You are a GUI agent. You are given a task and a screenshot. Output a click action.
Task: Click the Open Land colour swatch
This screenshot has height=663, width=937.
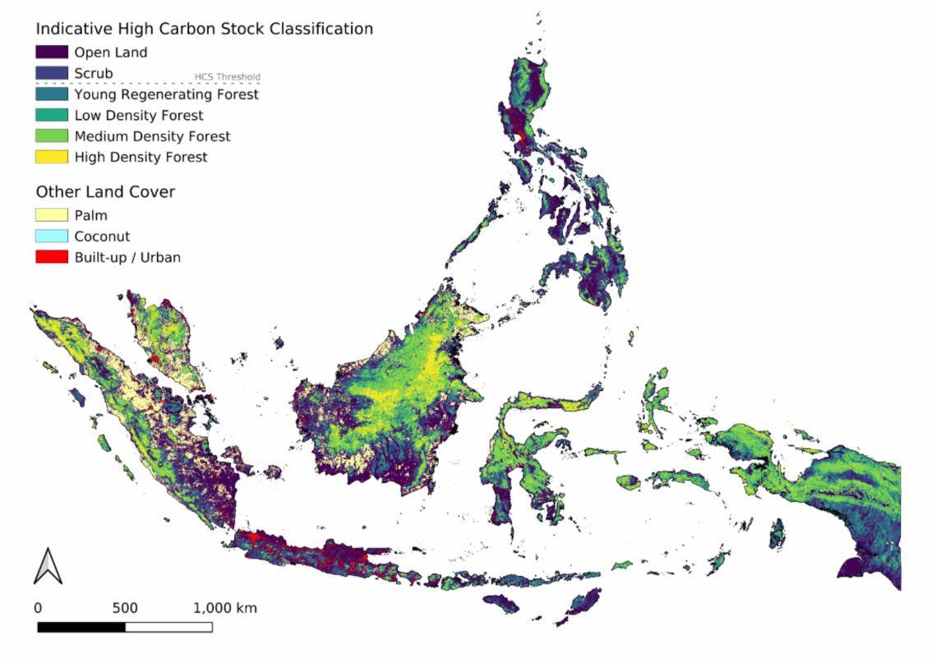coord(51,53)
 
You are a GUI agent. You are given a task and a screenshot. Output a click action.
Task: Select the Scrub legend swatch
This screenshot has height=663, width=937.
coord(51,73)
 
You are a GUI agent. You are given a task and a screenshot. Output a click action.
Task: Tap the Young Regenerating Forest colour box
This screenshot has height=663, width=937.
coord(51,94)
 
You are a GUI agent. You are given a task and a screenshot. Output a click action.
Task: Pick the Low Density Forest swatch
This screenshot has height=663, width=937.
coord(51,115)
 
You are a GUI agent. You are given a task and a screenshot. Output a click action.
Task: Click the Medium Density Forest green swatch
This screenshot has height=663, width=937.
coord(51,136)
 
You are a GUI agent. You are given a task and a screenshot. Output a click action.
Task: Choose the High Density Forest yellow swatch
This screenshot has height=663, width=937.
coord(51,157)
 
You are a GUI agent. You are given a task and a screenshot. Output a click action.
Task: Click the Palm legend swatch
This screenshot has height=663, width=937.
coord(51,215)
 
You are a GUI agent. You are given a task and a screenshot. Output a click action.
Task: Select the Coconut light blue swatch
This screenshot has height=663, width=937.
coord(51,237)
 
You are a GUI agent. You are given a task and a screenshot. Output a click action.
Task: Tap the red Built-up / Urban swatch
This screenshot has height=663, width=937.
coord(51,257)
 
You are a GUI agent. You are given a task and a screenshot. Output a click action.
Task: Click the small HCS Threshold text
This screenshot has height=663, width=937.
coord(227,78)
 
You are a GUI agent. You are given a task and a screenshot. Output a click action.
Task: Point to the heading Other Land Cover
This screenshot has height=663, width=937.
coord(105,191)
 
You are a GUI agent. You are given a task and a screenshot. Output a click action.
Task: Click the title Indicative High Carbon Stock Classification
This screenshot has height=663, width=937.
coord(204,29)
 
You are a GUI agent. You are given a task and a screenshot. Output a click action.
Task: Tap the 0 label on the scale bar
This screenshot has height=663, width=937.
coord(38,609)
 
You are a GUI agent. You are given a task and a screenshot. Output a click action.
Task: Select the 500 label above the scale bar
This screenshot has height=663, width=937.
coord(125,609)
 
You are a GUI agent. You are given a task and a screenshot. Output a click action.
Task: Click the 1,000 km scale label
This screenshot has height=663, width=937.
coord(225,609)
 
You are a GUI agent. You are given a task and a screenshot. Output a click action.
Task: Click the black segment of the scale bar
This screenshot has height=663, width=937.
coord(81,627)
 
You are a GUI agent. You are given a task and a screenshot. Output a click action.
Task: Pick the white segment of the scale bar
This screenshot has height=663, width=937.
coord(168,627)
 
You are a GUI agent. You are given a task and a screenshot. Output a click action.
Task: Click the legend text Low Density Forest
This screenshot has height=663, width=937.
coord(139,115)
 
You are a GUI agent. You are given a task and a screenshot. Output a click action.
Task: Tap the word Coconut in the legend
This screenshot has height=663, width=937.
coord(102,237)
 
